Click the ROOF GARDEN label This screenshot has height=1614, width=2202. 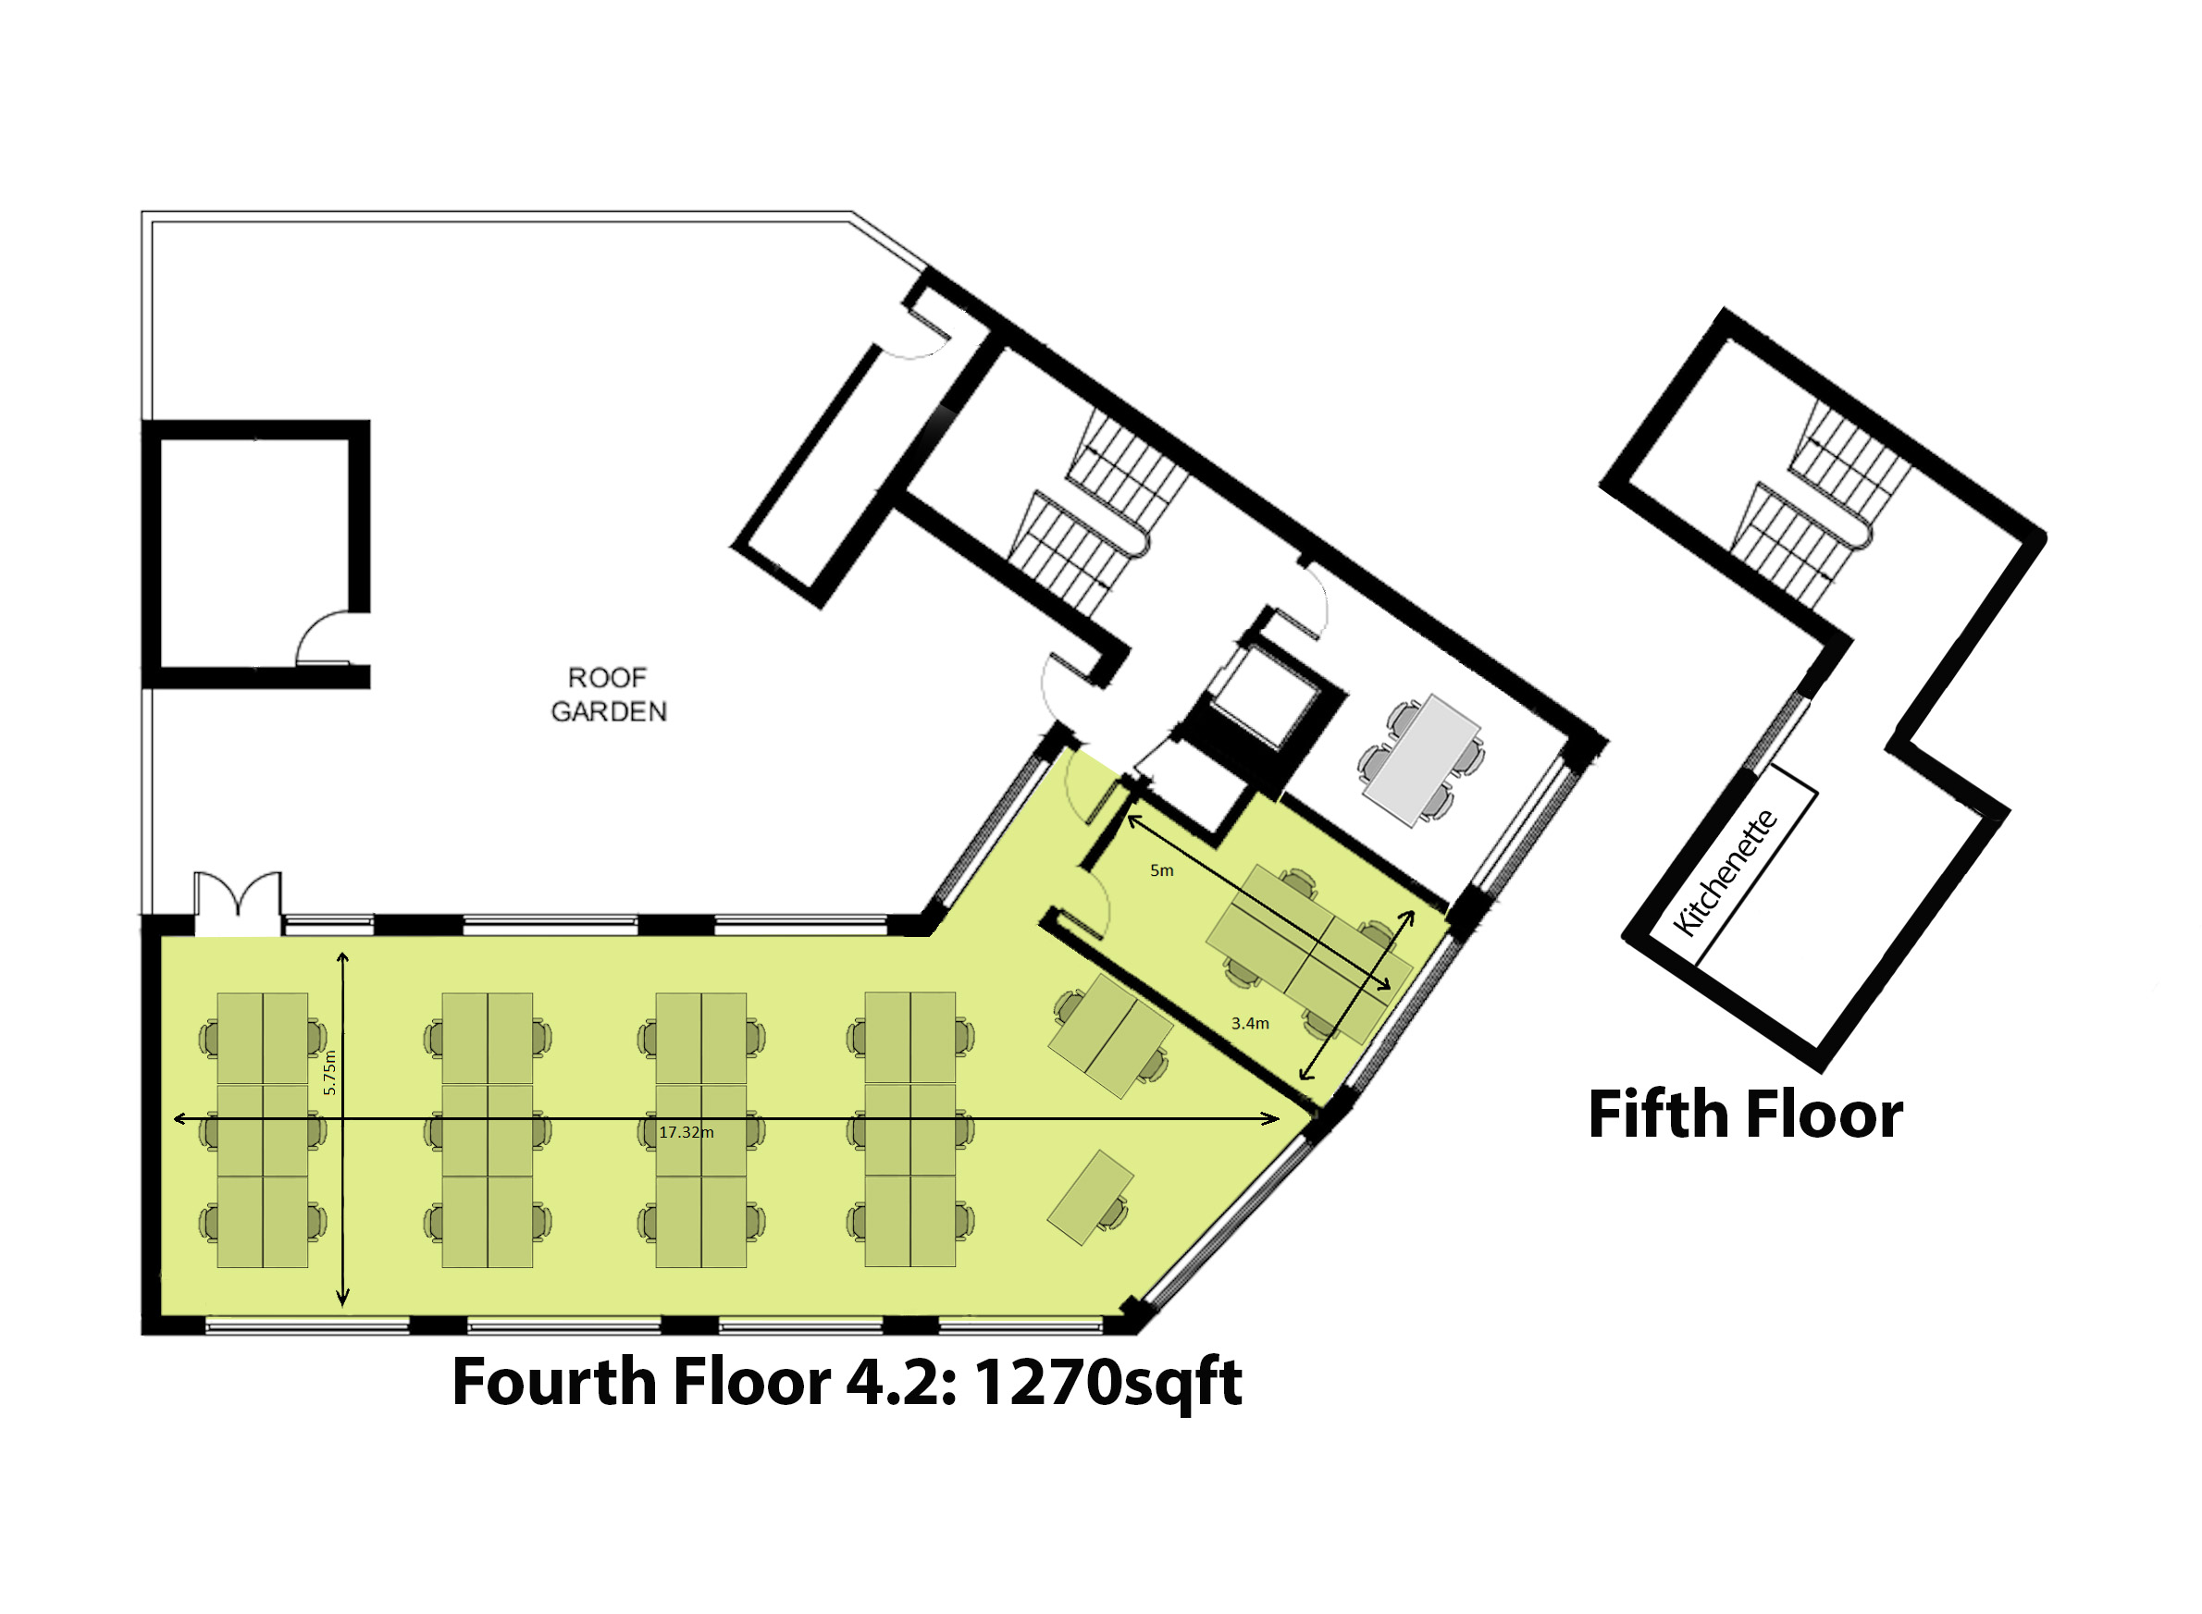[608, 695]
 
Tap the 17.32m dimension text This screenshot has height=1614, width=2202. [687, 1132]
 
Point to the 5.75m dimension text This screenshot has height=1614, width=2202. [329, 1072]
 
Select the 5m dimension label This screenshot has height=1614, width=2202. [1161, 870]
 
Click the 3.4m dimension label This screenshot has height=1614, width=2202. [1250, 1023]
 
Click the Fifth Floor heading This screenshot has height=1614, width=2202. [1746, 1115]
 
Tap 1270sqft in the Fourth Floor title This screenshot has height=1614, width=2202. [1107, 1384]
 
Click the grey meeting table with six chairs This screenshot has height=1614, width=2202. [1422, 760]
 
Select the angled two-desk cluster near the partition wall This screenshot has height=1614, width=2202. [1110, 1034]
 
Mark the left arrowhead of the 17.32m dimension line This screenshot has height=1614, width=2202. [179, 1118]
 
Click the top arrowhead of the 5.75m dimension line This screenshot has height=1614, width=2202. [343, 958]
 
